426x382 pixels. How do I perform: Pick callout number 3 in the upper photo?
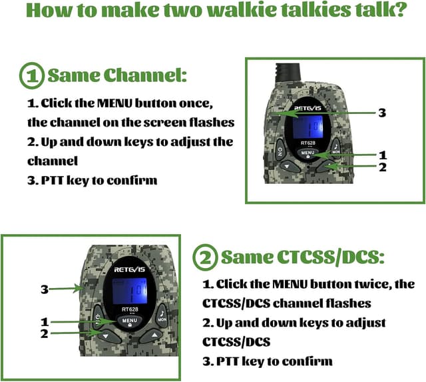381,113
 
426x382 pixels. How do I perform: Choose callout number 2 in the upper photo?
382,168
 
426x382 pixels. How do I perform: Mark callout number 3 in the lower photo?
45,289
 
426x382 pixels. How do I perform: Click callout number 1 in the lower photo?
45,322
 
